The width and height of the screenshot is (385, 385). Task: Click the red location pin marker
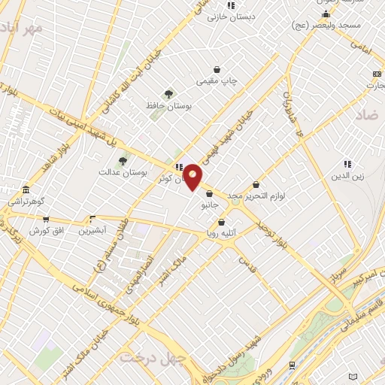point(192,177)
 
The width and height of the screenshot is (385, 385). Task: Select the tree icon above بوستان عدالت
point(123,160)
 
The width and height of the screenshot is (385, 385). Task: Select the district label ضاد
point(368,114)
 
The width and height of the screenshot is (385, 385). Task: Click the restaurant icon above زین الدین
point(347,164)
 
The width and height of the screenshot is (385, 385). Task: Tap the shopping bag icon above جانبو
point(208,193)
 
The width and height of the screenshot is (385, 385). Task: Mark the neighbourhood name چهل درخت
point(153,356)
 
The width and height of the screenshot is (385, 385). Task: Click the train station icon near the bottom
point(292,365)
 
